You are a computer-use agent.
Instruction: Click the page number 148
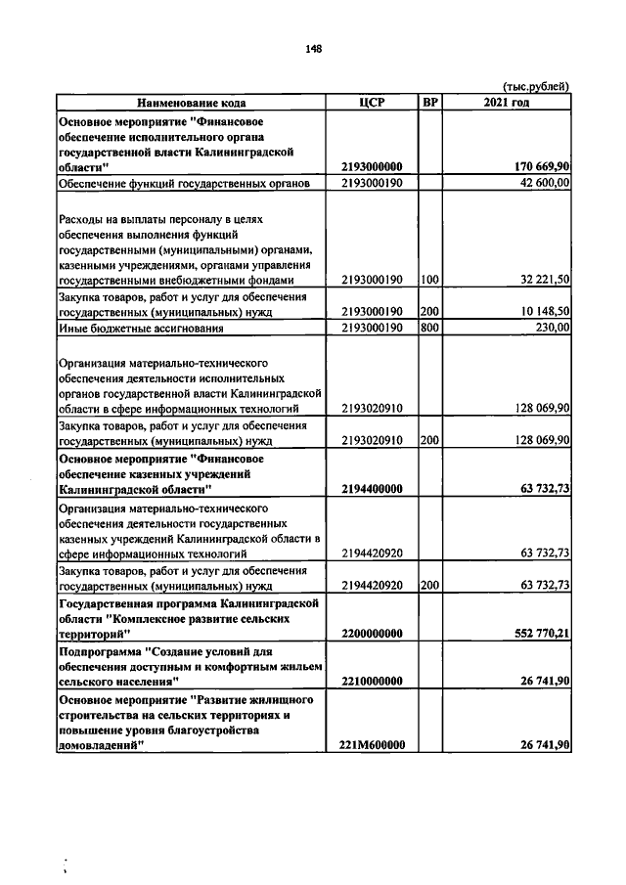coord(313,48)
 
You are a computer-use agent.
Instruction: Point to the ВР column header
coord(429,102)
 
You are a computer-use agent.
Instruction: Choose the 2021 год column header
coord(507,102)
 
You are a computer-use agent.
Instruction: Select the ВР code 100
coord(429,280)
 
